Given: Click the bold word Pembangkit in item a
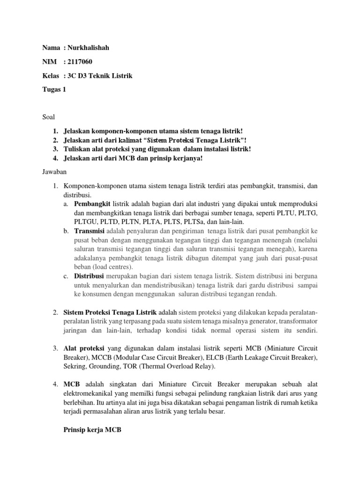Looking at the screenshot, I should [x=92, y=205].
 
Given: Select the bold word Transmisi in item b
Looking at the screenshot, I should [x=90, y=232].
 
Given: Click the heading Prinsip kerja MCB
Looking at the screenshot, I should [x=92, y=428].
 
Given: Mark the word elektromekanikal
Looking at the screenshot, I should [x=90, y=393].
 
